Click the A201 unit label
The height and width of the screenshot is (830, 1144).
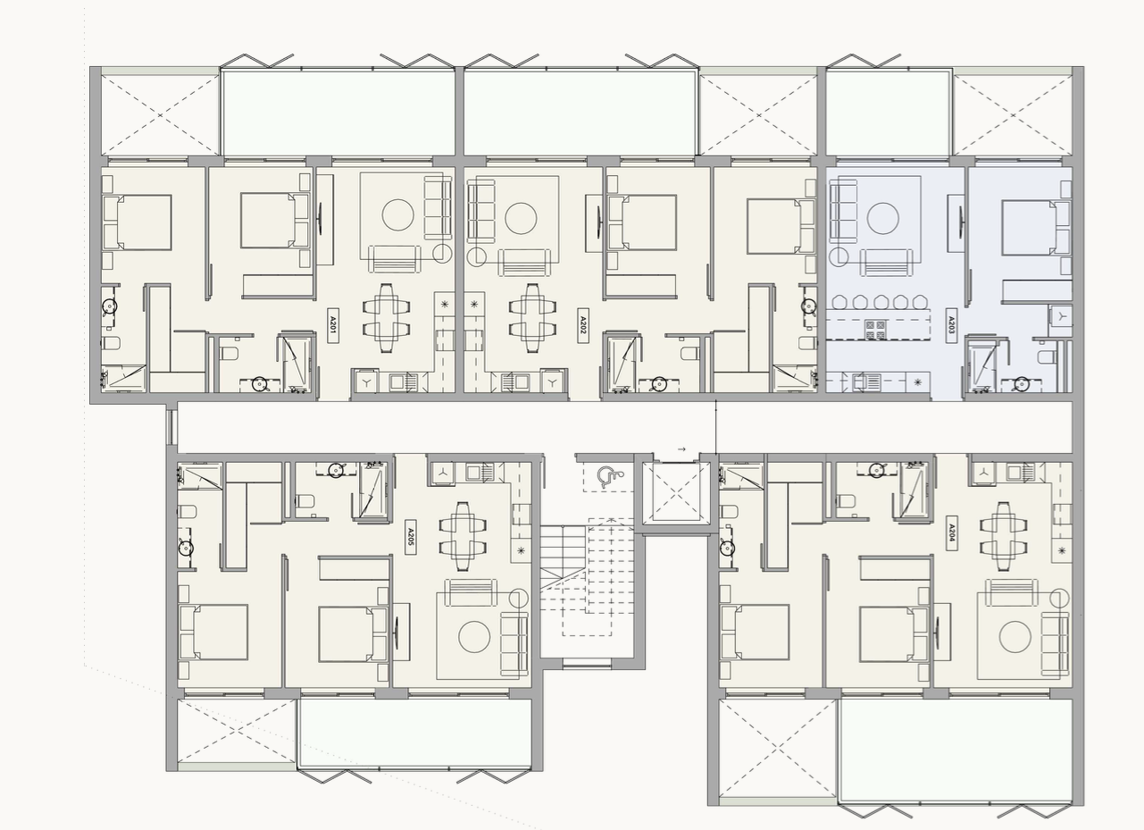(x=332, y=325)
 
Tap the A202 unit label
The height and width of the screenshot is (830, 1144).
(x=583, y=325)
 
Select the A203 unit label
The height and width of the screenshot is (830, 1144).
(x=951, y=325)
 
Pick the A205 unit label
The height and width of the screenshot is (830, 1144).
(x=410, y=537)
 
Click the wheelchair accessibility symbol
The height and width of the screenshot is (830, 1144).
(x=609, y=477)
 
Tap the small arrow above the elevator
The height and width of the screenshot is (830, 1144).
(x=681, y=449)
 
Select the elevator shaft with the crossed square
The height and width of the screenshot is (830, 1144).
(x=676, y=492)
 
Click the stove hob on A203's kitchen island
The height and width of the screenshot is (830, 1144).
(x=876, y=329)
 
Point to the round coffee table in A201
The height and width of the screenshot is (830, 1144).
(x=397, y=214)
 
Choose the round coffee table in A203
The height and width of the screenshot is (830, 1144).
(x=882, y=218)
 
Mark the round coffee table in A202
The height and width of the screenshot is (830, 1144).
(x=521, y=218)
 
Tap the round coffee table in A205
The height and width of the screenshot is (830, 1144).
(x=474, y=637)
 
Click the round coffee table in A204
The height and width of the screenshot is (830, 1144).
(x=1015, y=637)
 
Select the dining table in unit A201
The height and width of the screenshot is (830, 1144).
(x=387, y=317)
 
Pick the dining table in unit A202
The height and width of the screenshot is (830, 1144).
(x=532, y=317)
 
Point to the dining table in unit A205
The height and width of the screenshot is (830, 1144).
(x=463, y=536)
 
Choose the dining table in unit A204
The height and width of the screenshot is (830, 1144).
(x=1004, y=536)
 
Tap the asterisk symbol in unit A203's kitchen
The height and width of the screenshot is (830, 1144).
(x=918, y=381)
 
